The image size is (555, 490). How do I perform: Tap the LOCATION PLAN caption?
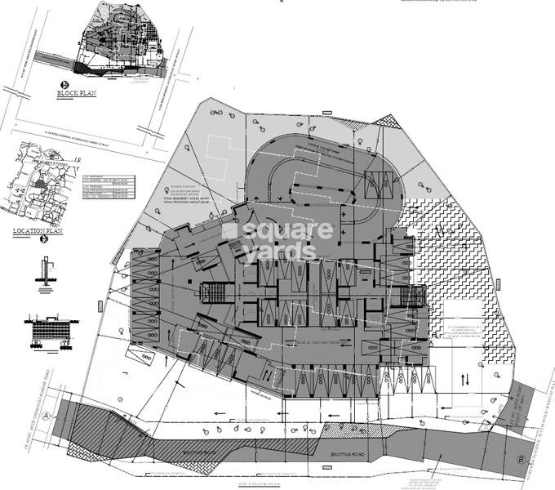click(x=38, y=231)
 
